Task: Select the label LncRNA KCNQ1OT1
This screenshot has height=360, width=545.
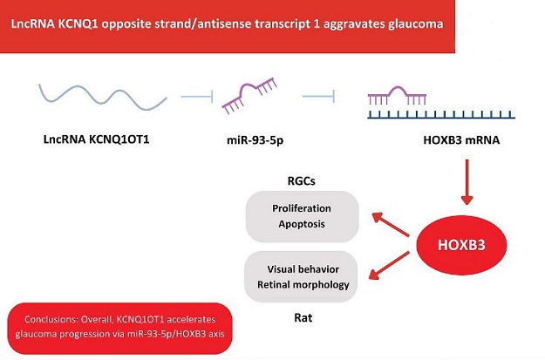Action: pyautogui.click(x=96, y=139)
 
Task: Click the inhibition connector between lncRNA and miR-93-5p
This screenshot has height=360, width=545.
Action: pyautogui.click(x=197, y=96)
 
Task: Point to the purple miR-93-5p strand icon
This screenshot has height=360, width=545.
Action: pyautogui.click(x=249, y=95)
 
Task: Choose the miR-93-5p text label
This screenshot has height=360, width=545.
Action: pyautogui.click(x=255, y=140)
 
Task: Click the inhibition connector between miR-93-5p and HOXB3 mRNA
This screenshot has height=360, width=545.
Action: pyautogui.click(x=319, y=96)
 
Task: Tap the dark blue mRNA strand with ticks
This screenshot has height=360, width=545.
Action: pyautogui.click(x=441, y=115)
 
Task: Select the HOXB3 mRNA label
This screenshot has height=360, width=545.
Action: pyautogui.click(x=461, y=140)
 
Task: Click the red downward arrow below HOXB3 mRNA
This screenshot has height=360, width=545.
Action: pyautogui.click(x=467, y=181)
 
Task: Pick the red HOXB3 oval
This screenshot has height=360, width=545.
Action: pyautogui.click(x=461, y=245)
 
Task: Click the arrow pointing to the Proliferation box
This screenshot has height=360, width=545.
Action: pyautogui.click(x=391, y=225)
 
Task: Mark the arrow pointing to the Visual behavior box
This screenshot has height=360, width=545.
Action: pyautogui.click(x=389, y=265)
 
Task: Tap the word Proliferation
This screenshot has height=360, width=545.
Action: pyautogui.click(x=302, y=208)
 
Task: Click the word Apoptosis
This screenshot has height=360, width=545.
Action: pyautogui.click(x=302, y=224)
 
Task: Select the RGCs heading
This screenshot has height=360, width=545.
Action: pyautogui.click(x=302, y=181)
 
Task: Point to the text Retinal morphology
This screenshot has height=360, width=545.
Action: pyautogui.click(x=303, y=285)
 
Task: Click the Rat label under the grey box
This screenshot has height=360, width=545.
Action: pyautogui.click(x=303, y=317)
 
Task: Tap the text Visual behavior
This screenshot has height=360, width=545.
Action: pyautogui.click(x=303, y=269)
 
